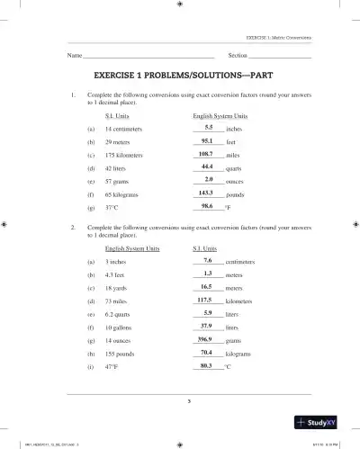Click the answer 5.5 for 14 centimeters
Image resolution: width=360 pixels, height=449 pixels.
coord(208,128)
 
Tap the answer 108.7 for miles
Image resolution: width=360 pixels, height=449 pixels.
coord(207,154)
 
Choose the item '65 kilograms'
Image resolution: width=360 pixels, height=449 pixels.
coord(123,193)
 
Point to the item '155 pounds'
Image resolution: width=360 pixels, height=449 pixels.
coord(121,355)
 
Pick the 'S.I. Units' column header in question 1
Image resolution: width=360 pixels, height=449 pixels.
coord(118,116)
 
